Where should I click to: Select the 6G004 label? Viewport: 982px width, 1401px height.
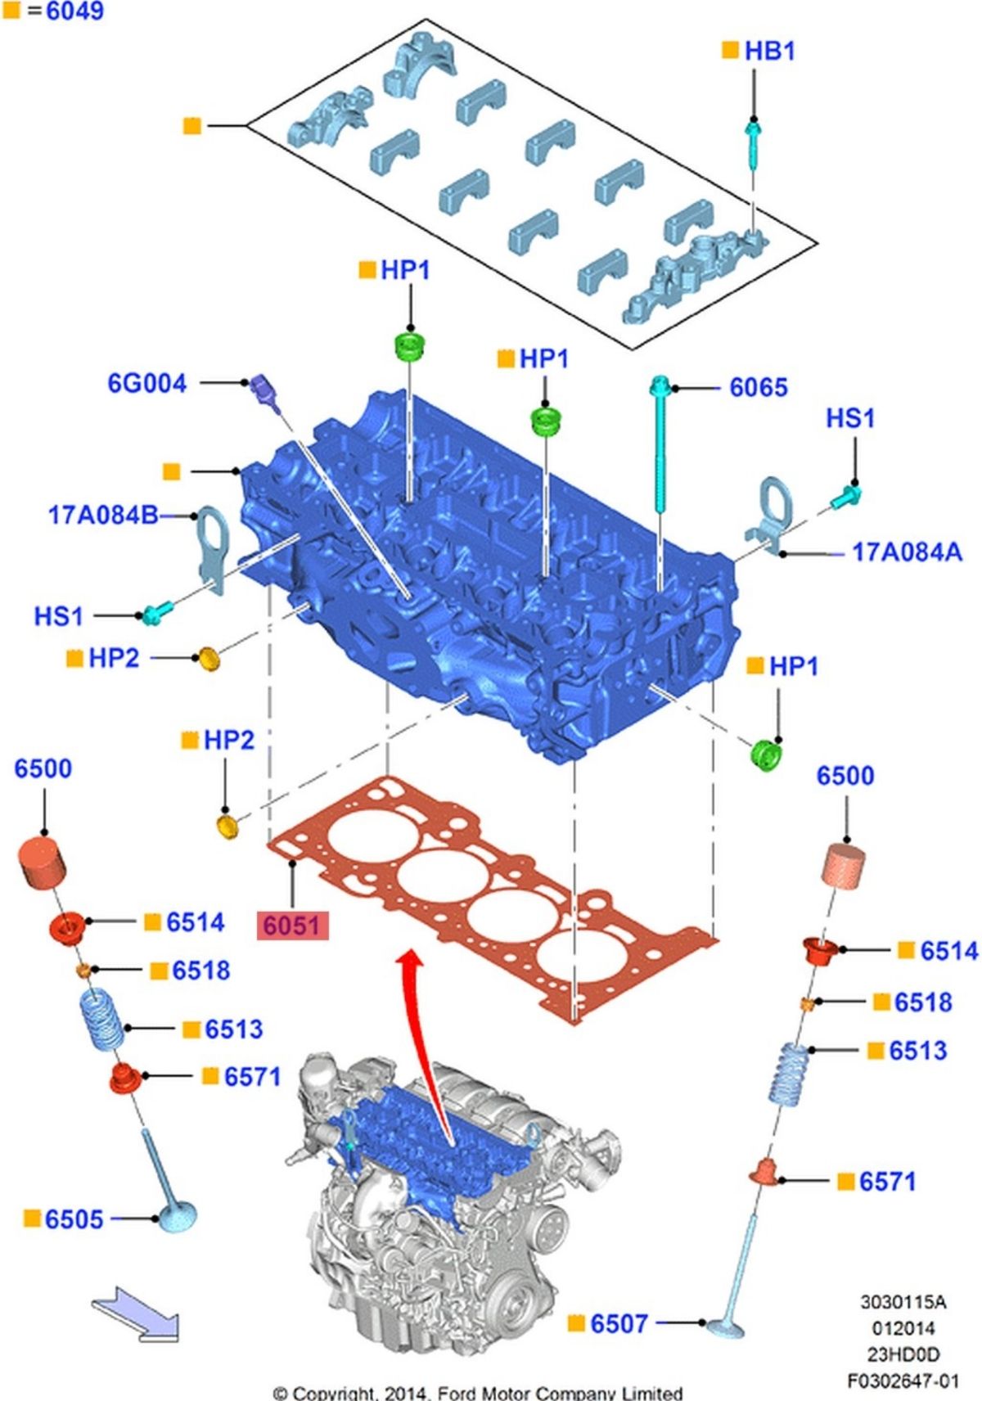click(x=147, y=383)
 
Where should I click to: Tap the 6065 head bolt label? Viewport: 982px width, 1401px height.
click(x=758, y=387)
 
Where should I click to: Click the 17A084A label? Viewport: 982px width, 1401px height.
click(x=907, y=552)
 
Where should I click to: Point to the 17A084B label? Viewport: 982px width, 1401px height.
click(x=103, y=516)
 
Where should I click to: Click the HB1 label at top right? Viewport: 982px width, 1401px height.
click(x=769, y=51)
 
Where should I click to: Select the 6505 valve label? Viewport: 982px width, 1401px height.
click(x=74, y=1219)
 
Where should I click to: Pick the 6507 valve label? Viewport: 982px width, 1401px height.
click(x=619, y=1323)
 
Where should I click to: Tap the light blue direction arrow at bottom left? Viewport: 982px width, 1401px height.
click(x=135, y=1314)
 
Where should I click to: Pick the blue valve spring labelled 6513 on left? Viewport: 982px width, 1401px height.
click(x=103, y=1019)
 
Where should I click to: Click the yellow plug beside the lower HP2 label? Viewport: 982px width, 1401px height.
click(x=227, y=826)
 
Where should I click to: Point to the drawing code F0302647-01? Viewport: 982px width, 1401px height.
click(x=902, y=1381)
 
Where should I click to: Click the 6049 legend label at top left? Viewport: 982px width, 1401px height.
click(x=74, y=11)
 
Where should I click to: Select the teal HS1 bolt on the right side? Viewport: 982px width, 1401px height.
click(x=846, y=496)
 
